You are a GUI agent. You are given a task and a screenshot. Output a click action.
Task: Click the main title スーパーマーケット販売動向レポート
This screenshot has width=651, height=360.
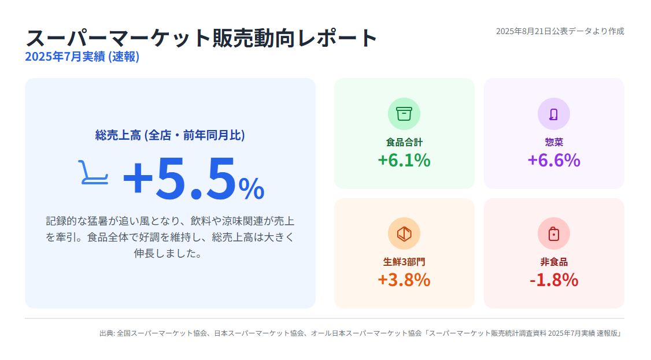(201, 38)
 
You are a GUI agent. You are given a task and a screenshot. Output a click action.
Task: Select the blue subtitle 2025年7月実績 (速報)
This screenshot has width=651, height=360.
(82, 57)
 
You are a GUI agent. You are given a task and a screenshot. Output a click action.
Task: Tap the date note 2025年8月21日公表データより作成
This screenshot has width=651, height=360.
(560, 31)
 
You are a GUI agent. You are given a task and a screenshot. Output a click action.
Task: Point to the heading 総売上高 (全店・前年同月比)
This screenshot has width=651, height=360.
(170, 135)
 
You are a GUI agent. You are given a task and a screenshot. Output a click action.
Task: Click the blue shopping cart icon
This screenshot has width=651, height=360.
(94, 172)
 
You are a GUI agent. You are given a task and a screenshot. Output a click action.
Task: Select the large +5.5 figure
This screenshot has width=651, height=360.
(179, 178)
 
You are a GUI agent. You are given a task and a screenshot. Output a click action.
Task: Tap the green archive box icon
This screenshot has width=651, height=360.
(404, 114)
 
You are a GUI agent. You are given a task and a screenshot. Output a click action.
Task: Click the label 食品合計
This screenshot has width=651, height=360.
(404, 142)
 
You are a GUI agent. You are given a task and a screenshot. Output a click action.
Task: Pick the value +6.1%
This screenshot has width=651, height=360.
(404, 160)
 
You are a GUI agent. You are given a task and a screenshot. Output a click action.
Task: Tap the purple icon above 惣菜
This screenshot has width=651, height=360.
(554, 114)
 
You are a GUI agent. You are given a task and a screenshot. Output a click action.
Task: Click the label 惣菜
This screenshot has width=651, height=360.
(554, 142)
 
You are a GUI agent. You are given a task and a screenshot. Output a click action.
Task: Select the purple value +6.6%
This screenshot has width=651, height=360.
(554, 160)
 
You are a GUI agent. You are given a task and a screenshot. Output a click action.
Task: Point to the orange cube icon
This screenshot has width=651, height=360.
(404, 233)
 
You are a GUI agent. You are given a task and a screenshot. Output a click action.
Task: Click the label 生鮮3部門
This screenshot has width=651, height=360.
(404, 262)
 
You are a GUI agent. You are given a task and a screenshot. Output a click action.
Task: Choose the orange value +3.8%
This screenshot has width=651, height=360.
(404, 280)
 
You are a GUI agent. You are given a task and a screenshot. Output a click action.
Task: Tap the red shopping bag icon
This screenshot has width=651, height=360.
(554, 233)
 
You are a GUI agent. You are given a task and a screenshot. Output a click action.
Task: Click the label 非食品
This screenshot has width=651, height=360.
(554, 262)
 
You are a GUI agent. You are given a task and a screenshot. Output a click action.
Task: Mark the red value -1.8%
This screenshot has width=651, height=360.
(554, 280)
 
